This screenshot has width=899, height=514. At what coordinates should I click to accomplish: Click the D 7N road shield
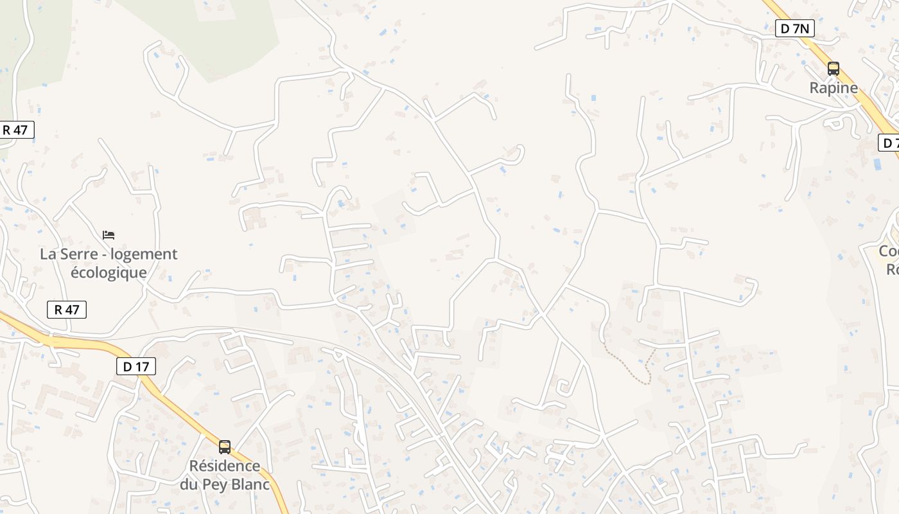point(795,28)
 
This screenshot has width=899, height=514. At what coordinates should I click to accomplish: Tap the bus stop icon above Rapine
point(834,68)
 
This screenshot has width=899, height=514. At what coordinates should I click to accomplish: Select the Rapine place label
point(834,88)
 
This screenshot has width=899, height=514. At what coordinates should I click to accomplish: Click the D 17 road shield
point(136,367)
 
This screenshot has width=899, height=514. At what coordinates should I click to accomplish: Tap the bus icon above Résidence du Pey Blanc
point(225,447)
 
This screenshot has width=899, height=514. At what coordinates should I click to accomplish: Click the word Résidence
point(225,466)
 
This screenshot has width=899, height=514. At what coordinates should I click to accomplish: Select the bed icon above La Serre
point(109,235)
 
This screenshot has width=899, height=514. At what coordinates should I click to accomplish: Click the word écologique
point(109,272)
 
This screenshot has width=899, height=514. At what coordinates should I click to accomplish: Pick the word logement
point(144,254)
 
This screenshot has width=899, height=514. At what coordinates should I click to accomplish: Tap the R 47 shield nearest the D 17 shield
point(67,310)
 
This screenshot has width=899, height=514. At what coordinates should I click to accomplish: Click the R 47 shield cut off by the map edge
point(15,130)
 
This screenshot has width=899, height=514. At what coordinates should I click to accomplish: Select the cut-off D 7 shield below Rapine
point(889,143)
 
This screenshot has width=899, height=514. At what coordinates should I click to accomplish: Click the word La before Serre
point(48,254)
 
